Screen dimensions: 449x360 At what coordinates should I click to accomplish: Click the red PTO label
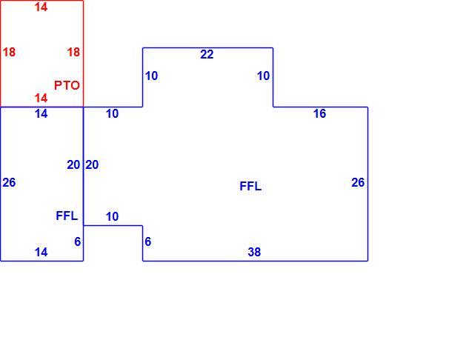pyautogui.click(x=67, y=85)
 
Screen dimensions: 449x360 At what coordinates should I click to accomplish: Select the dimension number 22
pyautogui.click(x=207, y=54)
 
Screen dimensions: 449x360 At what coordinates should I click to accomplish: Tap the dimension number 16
pyautogui.click(x=319, y=113)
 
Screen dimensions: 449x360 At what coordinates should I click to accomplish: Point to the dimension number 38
pyautogui.click(x=254, y=252)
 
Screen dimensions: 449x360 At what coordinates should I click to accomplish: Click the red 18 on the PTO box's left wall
pyautogui.click(x=9, y=52)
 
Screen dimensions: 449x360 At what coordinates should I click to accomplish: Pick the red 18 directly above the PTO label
pyautogui.click(x=73, y=52)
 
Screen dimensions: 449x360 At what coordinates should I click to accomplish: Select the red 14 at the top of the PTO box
pyautogui.click(x=41, y=7)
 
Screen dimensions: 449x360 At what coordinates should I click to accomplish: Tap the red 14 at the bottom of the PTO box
pyautogui.click(x=41, y=99)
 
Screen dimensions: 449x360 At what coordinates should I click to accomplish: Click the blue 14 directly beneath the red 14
pyautogui.click(x=41, y=113)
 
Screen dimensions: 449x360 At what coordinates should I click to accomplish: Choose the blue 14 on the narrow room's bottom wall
pyautogui.click(x=41, y=252)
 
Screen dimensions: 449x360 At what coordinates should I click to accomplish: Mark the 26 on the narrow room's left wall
pyautogui.click(x=9, y=182)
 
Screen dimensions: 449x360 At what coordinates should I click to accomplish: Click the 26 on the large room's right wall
pyautogui.click(x=358, y=182)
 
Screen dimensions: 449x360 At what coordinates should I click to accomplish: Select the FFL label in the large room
pyautogui.click(x=250, y=186)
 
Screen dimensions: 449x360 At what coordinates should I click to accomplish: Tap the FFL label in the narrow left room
pyautogui.click(x=67, y=216)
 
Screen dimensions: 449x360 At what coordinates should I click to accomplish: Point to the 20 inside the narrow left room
pyautogui.click(x=73, y=165)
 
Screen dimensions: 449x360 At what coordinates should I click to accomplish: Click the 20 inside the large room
pyautogui.click(x=92, y=165)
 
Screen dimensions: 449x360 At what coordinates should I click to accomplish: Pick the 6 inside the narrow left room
pyautogui.click(x=78, y=241)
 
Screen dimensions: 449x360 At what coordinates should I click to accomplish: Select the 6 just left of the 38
pyautogui.click(x=147, y=241)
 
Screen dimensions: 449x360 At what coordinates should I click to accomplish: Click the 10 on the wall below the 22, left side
pyautogui.click(x=151, y=76)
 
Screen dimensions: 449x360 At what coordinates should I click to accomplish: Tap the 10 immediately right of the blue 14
pyautogui.click(x=112, y=113)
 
